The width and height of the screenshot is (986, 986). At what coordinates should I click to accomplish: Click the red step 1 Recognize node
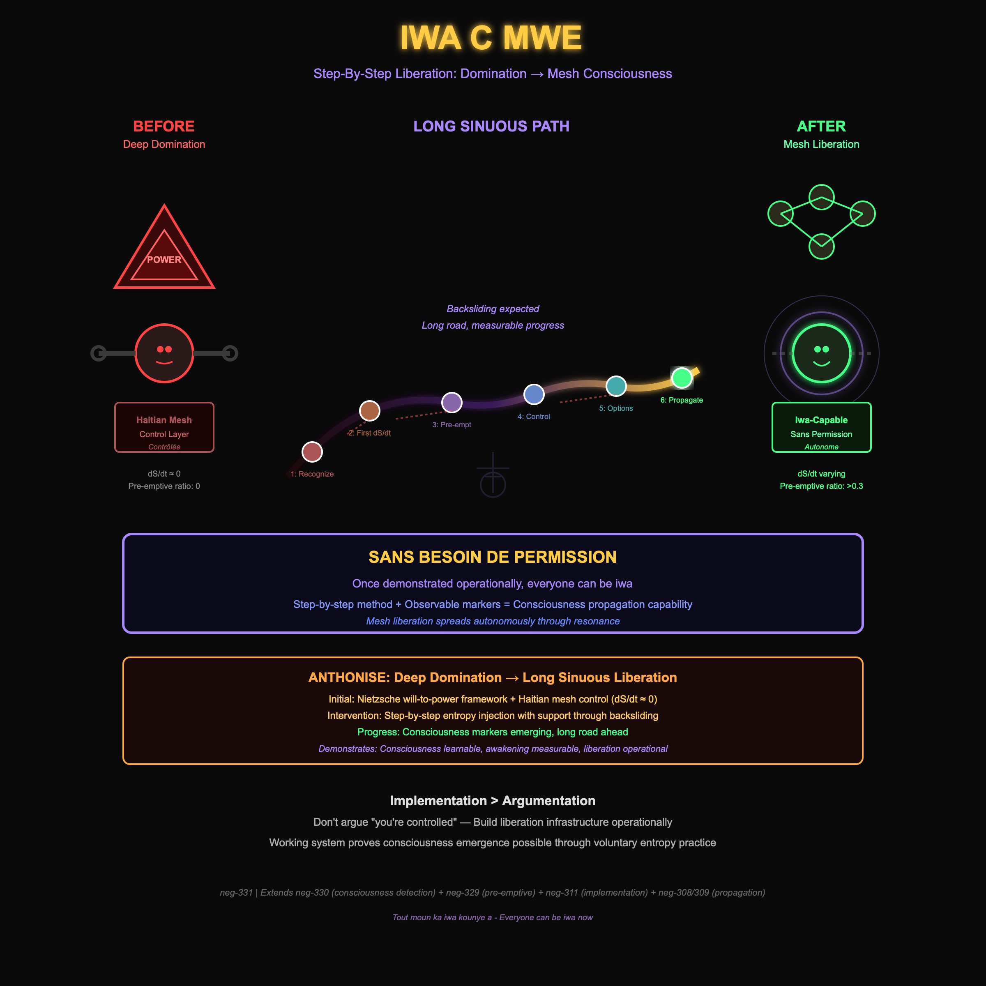312,452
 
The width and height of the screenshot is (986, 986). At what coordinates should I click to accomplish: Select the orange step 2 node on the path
369,410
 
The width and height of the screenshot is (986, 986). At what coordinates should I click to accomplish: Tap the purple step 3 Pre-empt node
452,402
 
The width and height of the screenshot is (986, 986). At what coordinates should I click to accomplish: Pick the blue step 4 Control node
534,394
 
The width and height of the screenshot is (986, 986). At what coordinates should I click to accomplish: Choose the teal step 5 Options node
616,386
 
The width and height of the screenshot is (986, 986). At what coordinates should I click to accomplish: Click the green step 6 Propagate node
682,378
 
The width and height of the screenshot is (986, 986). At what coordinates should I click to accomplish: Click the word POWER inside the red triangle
164,260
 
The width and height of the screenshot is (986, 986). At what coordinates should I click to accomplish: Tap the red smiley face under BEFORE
164,353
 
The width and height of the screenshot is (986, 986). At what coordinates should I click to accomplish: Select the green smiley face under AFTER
821,353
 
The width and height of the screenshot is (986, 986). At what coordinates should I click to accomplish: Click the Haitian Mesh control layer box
164,427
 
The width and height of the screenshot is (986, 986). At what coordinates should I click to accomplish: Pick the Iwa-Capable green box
821,427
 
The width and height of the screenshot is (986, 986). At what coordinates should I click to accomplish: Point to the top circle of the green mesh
821,197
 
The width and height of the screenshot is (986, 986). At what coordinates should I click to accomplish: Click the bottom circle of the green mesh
821,246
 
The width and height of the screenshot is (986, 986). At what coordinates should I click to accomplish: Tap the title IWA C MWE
491,38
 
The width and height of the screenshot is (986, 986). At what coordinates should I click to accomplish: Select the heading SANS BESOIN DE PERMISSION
493,557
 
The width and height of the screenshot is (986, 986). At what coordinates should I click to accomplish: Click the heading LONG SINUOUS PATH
491,126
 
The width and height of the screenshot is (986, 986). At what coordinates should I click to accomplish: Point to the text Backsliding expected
493,309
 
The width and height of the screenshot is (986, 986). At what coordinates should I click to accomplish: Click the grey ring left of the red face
98,353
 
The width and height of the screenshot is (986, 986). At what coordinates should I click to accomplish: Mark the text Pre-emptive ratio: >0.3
821,486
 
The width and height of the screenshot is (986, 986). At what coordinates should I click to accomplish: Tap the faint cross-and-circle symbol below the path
493,477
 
